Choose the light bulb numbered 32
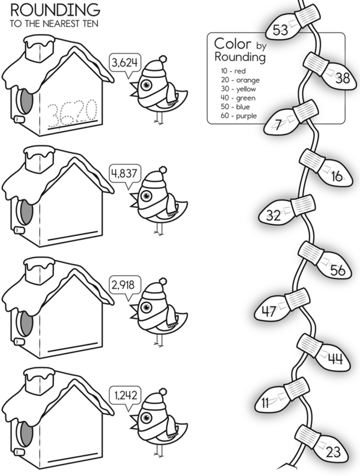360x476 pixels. click(277, 215)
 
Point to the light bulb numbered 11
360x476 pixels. click(269, 403)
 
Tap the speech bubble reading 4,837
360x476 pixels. click(124, 174)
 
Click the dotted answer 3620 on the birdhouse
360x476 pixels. click(73, 112)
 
